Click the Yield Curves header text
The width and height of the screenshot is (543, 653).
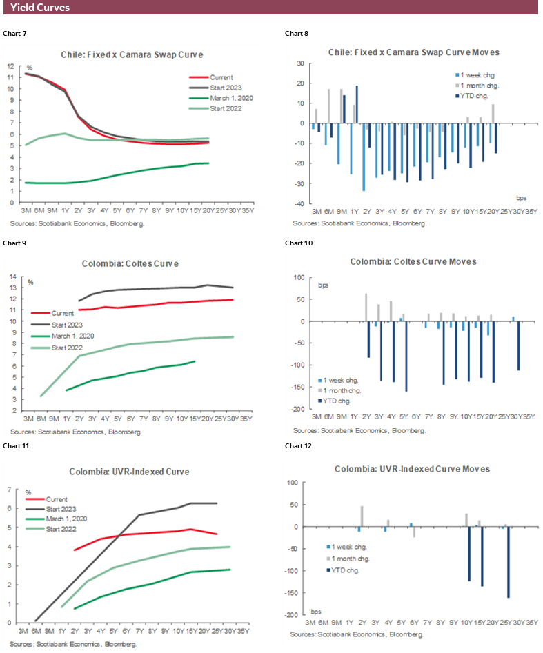[x=39, y=8]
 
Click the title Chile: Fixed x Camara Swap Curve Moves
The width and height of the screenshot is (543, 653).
[x=414, y=52]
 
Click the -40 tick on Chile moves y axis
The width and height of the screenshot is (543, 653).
[x=300, y=204]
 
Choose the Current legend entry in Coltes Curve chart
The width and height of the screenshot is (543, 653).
[x=63, y=313]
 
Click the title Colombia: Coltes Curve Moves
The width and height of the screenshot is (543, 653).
[x=413, y=262]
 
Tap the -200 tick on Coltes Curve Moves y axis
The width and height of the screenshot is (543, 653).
[x=297, y=410]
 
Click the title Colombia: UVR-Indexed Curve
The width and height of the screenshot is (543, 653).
[x=129, y=472]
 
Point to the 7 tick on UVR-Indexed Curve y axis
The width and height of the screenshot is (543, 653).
[x=10, y=490]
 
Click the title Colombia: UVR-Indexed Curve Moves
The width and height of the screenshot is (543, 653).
[x=412, y=469]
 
